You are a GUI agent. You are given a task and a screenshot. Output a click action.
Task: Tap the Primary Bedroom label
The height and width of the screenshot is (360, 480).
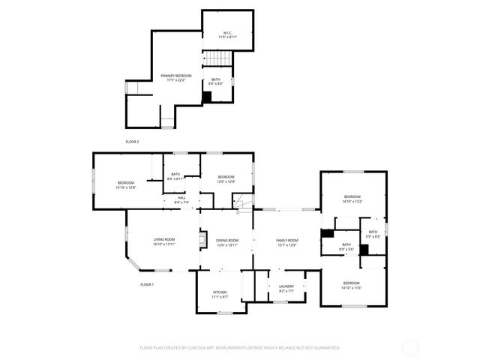point(176,78)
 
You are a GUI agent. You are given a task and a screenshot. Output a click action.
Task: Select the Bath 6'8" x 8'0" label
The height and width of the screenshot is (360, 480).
point(215,82)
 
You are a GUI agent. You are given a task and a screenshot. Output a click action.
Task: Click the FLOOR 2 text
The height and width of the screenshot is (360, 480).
point(132,141)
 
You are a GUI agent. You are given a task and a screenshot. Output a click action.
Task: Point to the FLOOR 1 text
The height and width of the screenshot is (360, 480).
point(147,284)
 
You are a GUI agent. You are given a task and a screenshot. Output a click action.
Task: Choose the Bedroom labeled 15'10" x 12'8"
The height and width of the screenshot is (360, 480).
point(125,185)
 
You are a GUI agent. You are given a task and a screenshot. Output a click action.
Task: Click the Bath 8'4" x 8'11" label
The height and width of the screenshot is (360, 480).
point(175,176)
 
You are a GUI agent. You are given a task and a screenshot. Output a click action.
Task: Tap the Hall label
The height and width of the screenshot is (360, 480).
point(181,200)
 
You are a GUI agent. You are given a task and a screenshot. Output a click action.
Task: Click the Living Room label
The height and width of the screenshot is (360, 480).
point(163,241)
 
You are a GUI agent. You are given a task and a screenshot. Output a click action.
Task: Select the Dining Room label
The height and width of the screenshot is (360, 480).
point(226,241)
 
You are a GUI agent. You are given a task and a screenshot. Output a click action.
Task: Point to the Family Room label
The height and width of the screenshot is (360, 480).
point(286,241)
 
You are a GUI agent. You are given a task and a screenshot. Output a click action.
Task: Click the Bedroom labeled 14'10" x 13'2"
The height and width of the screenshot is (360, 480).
point(352,199)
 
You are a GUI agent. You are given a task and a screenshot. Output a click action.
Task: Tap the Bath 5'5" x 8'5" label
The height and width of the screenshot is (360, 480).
point(373,234)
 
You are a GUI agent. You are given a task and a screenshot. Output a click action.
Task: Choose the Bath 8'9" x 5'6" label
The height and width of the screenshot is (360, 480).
point(346,246)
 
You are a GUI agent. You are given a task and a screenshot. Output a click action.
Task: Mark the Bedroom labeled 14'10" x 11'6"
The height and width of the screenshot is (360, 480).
point(351,286)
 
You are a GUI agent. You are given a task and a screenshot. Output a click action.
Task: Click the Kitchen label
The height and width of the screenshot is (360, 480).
point(219,294)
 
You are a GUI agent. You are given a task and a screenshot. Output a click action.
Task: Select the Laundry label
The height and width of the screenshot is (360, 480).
point(286,288)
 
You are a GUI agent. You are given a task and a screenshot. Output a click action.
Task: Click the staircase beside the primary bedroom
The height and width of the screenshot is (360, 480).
point(217,59)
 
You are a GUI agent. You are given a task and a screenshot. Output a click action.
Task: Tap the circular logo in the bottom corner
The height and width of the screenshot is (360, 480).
point(410,347)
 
